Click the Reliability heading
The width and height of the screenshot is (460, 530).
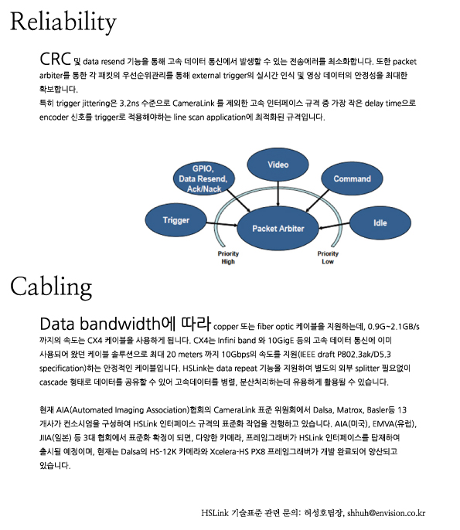click(x=63, y=22)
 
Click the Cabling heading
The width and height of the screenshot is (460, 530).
click(x=51, y=287)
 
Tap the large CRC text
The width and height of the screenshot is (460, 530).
click(x=55, y=59)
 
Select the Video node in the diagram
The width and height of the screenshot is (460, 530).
click(x=278, y=165)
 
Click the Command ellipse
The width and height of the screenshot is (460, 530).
click(x=352, y=178)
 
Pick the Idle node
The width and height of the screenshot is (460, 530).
click(x=380, y=223)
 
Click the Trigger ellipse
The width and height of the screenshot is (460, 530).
click(x=176, y=220)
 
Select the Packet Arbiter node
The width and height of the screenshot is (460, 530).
click(x=278, y=229)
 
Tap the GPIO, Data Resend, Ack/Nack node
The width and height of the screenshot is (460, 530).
click(x=204, y=178)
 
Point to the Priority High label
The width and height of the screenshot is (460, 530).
click(x=228, y=257)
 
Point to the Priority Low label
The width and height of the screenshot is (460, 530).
click(x=328, y=257)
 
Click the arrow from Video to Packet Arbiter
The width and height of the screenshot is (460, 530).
click(x=278, y=194)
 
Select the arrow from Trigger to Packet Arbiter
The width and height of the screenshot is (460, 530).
click(x=222, y=224)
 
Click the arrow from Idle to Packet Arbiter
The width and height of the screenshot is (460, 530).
click(x=334, y=226)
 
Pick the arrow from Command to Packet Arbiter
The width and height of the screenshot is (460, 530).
click(x=317, y=201)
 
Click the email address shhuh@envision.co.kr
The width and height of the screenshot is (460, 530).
click(x=386, y=513)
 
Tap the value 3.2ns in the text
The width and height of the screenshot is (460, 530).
click(x=129, y=103)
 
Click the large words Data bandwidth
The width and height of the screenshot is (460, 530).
click(x=100, y=324)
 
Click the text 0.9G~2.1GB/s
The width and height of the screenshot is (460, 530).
click(x=394, y=327)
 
